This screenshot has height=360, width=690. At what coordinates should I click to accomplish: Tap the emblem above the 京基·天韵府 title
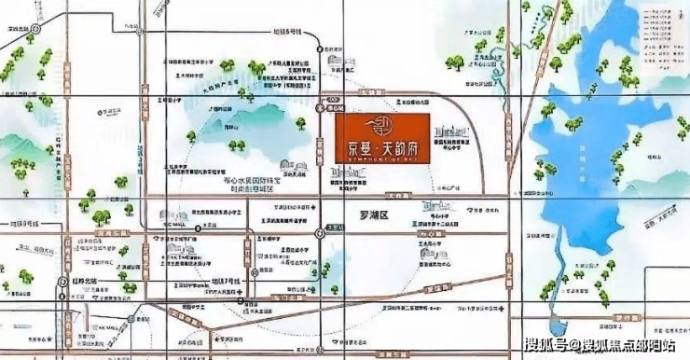pyautogui.click(x=381, y=125)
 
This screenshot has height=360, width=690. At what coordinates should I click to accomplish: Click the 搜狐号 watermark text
pyautogui.click(x=550, y=347)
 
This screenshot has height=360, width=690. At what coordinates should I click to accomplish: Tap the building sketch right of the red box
pyautogui.click(x=452, y=135)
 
